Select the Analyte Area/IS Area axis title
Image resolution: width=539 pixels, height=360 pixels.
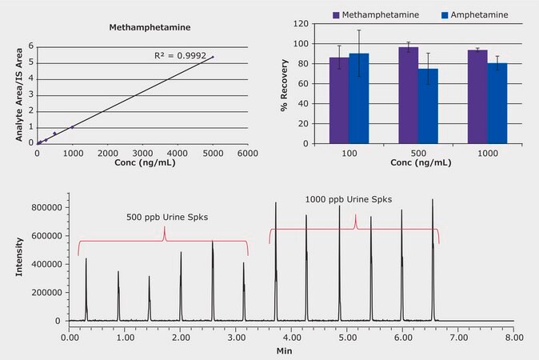(18, 94)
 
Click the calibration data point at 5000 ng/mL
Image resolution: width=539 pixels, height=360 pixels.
(212, 57)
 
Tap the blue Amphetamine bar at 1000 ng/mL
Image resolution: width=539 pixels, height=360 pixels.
(497, 104)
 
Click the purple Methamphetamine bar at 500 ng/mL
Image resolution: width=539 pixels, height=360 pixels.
(409, 95)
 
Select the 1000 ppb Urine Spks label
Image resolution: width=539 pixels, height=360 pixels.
(349, 199)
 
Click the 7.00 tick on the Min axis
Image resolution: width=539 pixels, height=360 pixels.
(457, 338)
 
